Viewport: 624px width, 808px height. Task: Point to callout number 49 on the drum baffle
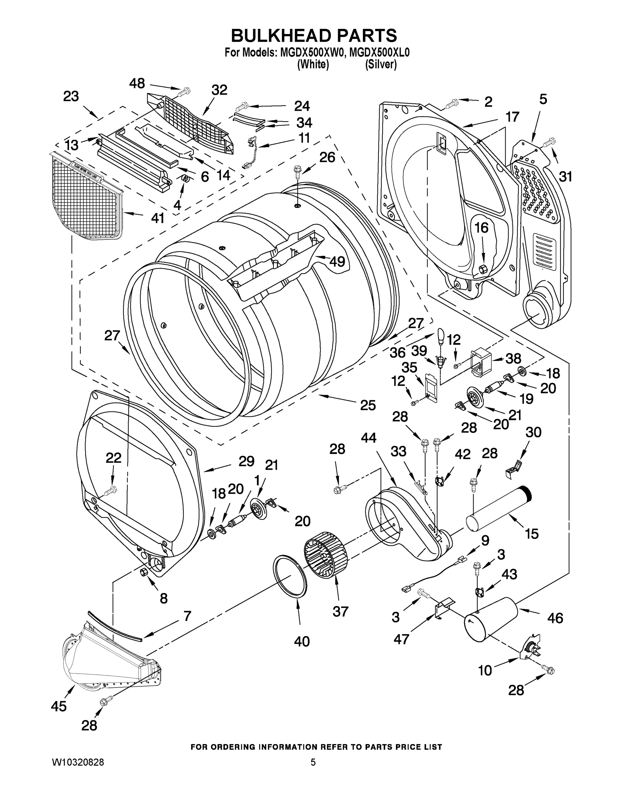point(337,261)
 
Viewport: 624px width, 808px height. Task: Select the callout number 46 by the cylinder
point(555,617)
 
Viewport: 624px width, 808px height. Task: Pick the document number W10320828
point(78,763)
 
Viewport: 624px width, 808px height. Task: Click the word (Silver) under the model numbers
point(381,64)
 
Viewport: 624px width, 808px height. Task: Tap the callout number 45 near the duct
point(59,706)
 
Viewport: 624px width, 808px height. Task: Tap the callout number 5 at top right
point(543,99)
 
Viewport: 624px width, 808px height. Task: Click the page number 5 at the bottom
point(313,763)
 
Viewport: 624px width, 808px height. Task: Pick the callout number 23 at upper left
point(71,96)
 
